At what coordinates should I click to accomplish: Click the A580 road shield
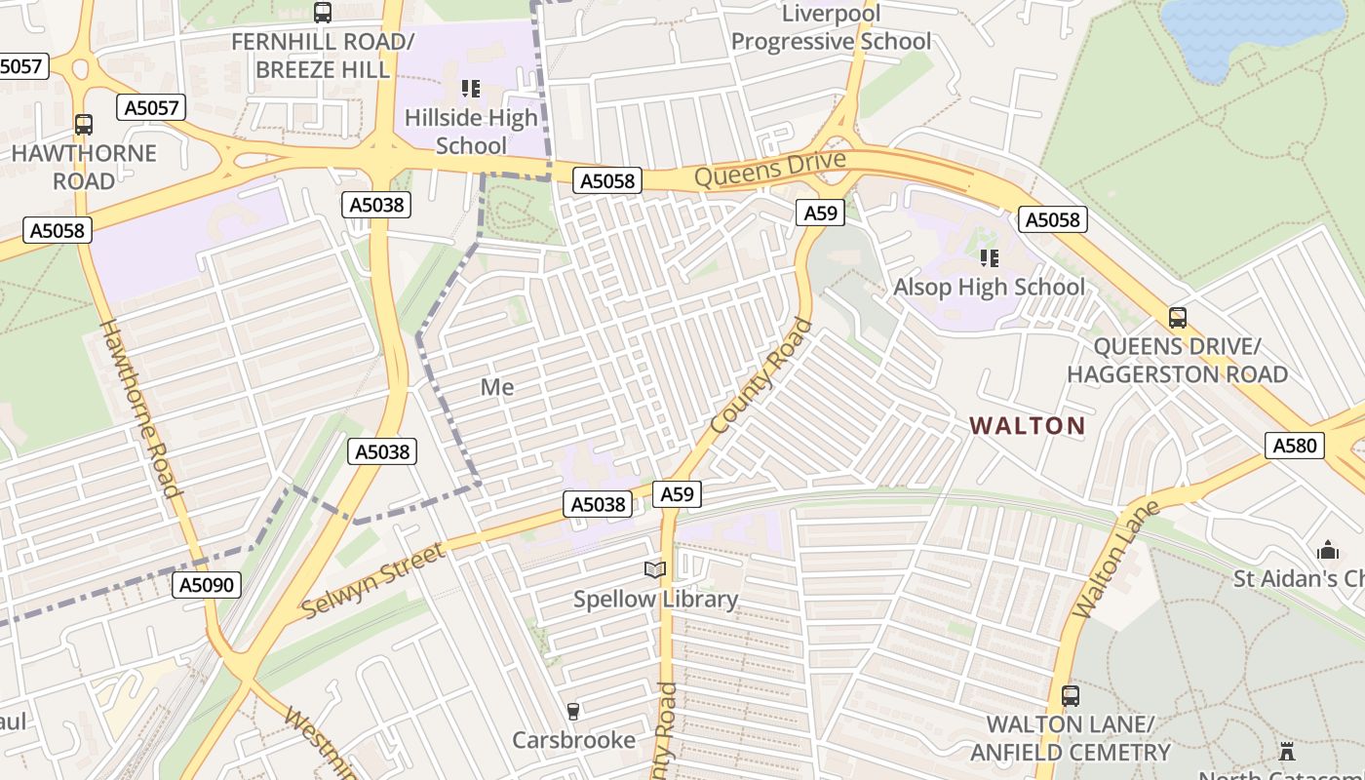click(x=1295, y=446)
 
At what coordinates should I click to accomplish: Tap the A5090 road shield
click(x=207, y=584)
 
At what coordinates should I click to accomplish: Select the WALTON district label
click(x=1027, y=425)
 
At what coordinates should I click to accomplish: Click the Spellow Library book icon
click(x=655, y=569)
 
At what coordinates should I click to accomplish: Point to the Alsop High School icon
click(x=990, y=258)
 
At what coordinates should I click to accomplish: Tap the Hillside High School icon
click(x=471, y=90)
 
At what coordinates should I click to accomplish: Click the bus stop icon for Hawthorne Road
click(x=84, y=125)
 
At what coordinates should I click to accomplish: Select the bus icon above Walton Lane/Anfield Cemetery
click(x=1071, y=696)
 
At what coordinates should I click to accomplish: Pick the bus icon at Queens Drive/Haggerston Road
click(x=1177, y=318)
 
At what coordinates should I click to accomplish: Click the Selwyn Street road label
click(x=373, y=581)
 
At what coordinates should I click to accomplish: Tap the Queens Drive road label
click(x=758, y=172)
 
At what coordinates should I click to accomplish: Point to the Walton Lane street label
click(x=1115, y=560)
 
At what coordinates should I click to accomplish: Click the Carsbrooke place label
click(x=574, y=740)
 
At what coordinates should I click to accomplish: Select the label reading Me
click(x=496, y=387)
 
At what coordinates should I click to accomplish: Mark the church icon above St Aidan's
click(x=1327, y=551)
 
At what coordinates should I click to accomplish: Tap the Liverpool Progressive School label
click(x=831, y=27)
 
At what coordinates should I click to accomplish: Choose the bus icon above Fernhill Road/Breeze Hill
click(x=323, y=13)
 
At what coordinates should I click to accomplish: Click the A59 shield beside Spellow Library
click(x=677, y=494)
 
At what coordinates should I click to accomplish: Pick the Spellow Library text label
click(x=655, y=599)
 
